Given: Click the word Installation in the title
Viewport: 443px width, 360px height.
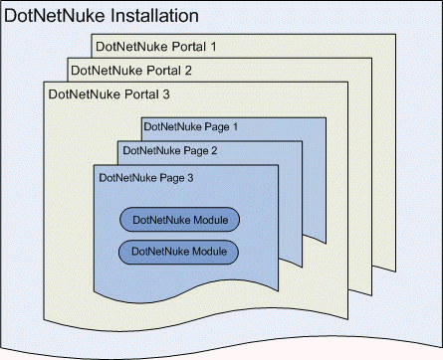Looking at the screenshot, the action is click(154, 16).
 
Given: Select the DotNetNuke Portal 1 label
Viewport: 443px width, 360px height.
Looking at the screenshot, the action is click(156, 47).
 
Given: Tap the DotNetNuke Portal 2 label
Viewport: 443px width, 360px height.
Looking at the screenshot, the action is click(131, 71).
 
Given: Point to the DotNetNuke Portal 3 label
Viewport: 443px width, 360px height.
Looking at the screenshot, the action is click(110, 94).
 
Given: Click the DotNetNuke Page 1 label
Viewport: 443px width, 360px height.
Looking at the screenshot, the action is click(191, 127).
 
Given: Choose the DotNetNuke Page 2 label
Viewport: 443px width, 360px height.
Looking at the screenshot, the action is click(170, 151).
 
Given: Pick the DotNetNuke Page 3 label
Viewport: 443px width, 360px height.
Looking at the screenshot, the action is click(146, 178).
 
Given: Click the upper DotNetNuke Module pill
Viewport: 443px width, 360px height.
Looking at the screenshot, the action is click(179, 220).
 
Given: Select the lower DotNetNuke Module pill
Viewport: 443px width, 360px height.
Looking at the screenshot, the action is click(178, 252).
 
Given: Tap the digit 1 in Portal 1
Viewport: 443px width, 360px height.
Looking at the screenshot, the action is click(213, 47).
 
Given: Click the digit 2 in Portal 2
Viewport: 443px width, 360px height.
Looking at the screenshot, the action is click(188, 71).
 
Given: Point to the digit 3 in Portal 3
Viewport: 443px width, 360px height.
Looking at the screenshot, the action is click(166, 94).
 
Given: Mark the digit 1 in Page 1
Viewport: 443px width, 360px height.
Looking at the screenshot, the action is click(235, 126).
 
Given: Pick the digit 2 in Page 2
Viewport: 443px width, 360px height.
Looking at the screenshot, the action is click(214, 150).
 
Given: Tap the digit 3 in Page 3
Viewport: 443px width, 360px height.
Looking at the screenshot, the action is click(190, 178).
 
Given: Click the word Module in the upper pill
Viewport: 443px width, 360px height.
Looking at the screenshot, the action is click(211, 220).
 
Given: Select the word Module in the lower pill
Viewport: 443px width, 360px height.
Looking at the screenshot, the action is click(210, 251).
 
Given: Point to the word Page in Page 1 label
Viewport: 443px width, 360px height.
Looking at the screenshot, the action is click(217, 127).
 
